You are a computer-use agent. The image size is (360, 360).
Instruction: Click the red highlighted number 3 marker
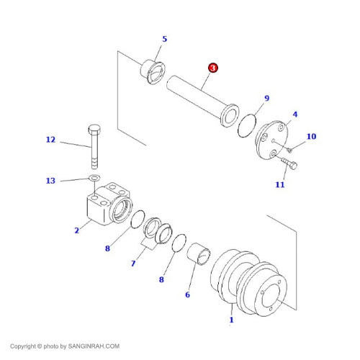pos(213,68)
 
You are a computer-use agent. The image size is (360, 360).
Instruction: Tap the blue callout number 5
pos(164,39)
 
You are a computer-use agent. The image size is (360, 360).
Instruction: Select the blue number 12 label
pos(50,140)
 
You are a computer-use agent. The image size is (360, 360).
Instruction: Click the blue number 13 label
pos(50,181)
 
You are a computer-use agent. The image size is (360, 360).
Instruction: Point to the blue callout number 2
pos(77,230)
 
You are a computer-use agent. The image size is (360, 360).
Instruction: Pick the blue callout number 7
pos(133,264)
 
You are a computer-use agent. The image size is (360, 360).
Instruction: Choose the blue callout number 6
pos(187,294)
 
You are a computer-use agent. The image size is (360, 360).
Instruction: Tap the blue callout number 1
pos(231,320)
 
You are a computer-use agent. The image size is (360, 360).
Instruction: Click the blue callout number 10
pos(311,136)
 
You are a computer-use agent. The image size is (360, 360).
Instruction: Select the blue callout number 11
pos(280,184)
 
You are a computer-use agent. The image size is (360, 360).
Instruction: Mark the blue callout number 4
pos(295,114)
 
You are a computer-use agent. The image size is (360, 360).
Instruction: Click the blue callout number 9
pos(266,98)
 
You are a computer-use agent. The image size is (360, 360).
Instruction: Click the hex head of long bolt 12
pos(94,129)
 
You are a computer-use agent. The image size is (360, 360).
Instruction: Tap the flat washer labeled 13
pos(94,178)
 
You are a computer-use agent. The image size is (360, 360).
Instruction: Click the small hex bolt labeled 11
pos(289,163)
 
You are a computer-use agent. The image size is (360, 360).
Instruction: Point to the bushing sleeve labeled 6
pos(199,254)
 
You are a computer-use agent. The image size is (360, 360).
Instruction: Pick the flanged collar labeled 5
pos(153,71)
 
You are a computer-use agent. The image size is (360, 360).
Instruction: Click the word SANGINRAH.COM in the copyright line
pos(94,346)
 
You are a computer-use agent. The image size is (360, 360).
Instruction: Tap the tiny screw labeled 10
pos(289,150)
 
